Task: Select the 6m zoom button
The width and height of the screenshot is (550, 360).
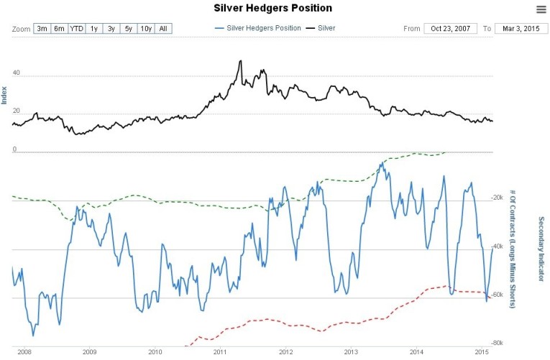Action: click(x=60, y=29)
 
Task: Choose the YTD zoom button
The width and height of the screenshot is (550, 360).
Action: click(x=77, y=29)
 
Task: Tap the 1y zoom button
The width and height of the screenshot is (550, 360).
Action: click(x=94, y=29)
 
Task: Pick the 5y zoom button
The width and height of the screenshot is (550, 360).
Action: click(x=129, y=29)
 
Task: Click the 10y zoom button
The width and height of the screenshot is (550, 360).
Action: click(x=146, y=29)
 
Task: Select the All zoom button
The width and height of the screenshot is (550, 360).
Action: click(x=164, y=29)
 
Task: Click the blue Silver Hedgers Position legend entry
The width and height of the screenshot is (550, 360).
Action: click(x=257, y=29)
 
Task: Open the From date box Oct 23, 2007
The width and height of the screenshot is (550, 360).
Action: click(x=450, y=29)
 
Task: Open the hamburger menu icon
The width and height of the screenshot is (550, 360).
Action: click(x=541, y=9)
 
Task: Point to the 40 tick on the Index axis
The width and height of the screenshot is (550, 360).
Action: click(x=16, y=73)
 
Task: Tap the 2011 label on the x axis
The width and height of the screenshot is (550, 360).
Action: click(x=220, y=352)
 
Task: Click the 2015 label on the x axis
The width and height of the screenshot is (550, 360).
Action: click(x=482, y=352)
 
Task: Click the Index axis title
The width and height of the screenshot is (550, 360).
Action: click(x=4, y=95)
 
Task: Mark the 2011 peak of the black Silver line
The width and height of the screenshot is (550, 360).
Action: click(x=240, y=61)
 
